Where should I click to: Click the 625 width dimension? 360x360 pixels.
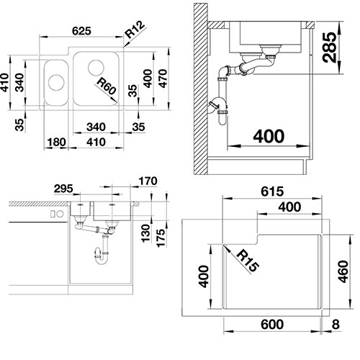coord(81,31)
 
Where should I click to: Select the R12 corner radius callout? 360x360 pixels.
coord(135,30)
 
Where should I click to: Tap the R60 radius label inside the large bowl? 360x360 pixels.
coord(107,86)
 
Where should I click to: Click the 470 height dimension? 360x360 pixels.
coord(163,78)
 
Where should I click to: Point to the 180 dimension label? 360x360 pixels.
coord(56,142)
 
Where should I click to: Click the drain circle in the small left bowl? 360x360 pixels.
coord(56,82)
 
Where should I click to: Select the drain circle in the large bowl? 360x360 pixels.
coord(96,68)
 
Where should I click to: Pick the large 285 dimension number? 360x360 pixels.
coord(329,48)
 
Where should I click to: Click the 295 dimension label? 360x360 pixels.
coord(63,189)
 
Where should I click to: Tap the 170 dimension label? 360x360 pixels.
coord(148,181)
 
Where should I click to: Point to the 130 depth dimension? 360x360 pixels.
coord(145,233)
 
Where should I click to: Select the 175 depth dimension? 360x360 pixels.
coord(161,238)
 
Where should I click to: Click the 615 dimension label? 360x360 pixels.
coord(272,192)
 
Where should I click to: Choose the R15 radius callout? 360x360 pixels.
coord(248,261)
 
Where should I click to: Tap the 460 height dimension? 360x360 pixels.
coord(343,271)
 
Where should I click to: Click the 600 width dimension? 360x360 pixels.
coord(272,325)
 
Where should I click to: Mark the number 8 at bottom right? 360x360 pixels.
coord(336,325)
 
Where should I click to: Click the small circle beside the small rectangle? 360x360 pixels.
coord(60,214)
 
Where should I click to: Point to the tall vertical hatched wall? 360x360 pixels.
coord(201,89)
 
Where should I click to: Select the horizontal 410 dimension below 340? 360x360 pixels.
coord(96,142)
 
